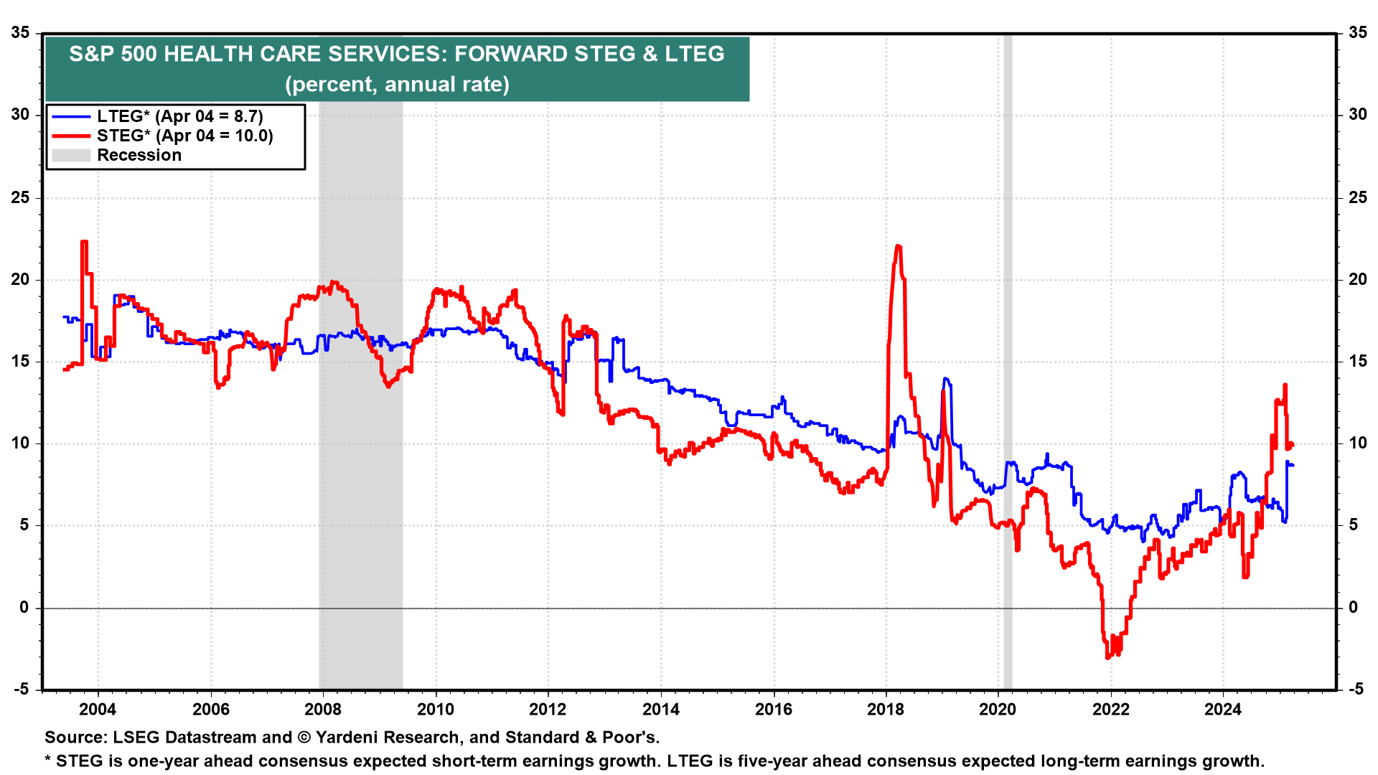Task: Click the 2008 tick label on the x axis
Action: coord(322,710)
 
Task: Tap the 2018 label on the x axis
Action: coord(886,710)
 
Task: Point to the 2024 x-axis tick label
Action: coord(1223,710)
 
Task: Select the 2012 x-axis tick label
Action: coord(548,710)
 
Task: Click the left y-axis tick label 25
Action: coord(21,197)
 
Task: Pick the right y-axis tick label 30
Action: coord(1357,115)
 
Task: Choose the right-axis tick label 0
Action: coord(1353,607)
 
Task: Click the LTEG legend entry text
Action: coord(179,116)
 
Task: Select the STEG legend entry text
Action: coord(184,136)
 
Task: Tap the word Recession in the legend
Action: coord(139,155)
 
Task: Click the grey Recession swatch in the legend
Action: coord(71,155)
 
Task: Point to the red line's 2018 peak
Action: coord(898,247)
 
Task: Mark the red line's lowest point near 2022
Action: coord(1108,656)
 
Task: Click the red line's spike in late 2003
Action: coord(84,243)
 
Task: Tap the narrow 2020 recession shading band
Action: coord(1008,359)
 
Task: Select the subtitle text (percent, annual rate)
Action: coord(397,85)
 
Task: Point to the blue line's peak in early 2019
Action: coord(946,379)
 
